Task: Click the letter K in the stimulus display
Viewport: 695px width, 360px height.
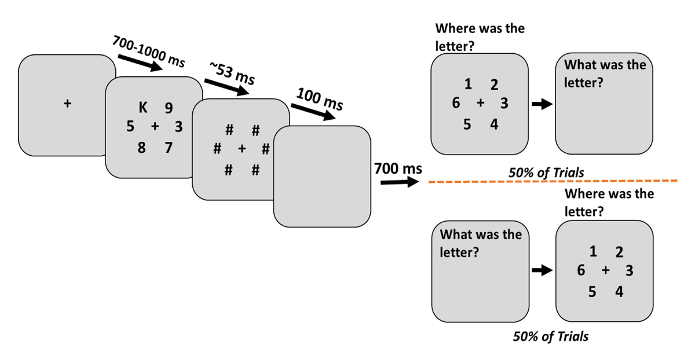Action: point(142,107)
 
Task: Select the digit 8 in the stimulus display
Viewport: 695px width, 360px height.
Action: point(142,148)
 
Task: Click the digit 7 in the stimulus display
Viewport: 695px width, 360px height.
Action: point(168,148)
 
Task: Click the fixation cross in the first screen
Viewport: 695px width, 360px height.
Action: point(67,104)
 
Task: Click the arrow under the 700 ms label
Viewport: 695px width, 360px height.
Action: point(399,182)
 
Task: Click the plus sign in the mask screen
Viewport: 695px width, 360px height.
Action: point(242,149)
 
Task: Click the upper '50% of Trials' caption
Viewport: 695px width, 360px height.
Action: point(546,172)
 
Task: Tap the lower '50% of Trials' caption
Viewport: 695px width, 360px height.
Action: point(550,336)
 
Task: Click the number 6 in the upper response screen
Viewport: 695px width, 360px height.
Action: point(456,104)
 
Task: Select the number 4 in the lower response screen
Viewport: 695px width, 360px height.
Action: point(619,292)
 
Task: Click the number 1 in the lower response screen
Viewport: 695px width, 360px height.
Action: point(592,252)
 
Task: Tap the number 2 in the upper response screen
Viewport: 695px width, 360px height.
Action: point(494,86)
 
